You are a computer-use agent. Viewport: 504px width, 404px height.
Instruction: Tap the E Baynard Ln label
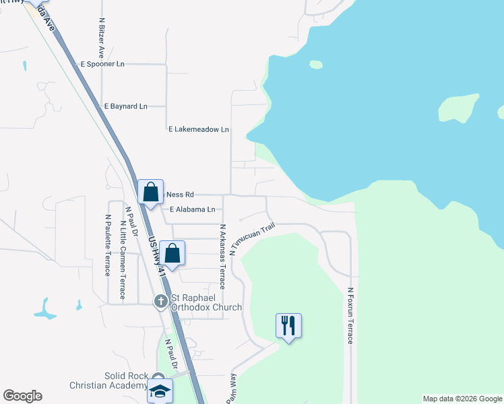pos(125,106)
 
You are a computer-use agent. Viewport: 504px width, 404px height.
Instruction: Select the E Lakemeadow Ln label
pos(198,129)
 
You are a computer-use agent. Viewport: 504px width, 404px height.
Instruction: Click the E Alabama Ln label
pos(193,209)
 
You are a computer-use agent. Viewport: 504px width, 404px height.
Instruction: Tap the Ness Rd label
pos(180,194)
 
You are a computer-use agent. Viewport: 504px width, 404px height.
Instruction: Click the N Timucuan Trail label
pos(252,239)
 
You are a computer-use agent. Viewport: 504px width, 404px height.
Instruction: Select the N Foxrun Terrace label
pos(350,316)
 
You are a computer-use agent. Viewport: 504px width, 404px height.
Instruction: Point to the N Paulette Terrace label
pos(107,245)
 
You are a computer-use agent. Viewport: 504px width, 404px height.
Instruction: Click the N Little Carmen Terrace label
pos(122,252)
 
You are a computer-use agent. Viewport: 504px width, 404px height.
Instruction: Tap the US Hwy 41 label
pos(156,259)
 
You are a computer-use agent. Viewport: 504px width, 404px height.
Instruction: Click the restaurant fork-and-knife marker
pos(289,326)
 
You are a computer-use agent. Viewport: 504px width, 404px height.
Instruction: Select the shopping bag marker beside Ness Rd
pos(151,191)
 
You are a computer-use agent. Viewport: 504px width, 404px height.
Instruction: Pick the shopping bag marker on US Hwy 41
pos(172,254)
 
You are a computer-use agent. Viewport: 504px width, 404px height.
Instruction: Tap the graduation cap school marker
pos(160,391)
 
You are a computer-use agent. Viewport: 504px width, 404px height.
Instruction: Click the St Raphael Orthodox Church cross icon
pos(160,302)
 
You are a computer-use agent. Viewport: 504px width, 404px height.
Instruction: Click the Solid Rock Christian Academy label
pos(108,380)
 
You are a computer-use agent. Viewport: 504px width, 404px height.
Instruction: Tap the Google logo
pos(22,396)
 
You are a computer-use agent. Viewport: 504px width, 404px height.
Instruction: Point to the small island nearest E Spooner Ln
pos(316,65)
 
